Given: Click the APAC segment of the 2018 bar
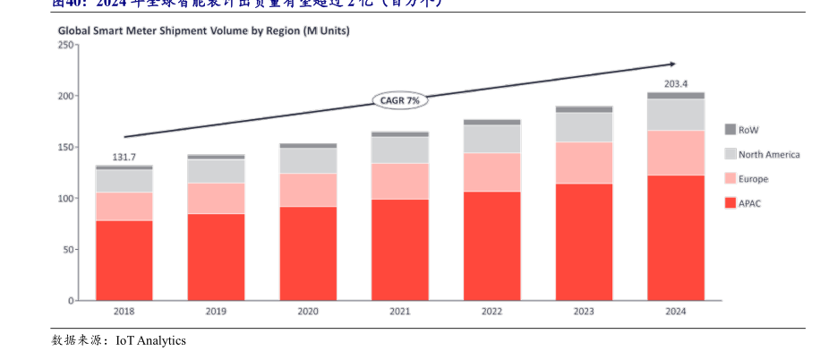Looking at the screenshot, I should tap(124, 260).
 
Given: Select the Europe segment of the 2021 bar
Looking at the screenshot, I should tap(400, 181).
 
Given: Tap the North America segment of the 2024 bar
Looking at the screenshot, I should tap(676, 114).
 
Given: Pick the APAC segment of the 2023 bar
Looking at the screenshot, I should tap(584, 242).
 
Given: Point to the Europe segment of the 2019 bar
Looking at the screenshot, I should tap(216, 198).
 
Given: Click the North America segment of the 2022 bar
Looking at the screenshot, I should tap(491, 139).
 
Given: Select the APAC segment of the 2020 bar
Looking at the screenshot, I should tap(308, 253).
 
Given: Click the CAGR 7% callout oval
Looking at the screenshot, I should tap(400, 100).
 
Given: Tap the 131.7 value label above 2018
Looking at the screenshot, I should tap(124, 158).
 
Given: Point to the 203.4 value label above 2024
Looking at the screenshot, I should tap(676, 84).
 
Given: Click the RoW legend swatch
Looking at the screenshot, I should tap(730, 130).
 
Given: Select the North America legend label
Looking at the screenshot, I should tap(769, 155).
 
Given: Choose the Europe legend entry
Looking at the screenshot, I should tap(753, 179).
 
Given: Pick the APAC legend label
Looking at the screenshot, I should tap(749, 203).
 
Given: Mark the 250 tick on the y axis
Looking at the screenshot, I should tap(64, 45).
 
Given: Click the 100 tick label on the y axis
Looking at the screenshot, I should tap(64, 198).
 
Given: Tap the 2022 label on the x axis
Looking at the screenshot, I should tap(491, 312).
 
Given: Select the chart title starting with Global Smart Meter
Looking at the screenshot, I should tap(204, 30).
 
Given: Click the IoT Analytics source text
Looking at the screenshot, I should tap(150, 340).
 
